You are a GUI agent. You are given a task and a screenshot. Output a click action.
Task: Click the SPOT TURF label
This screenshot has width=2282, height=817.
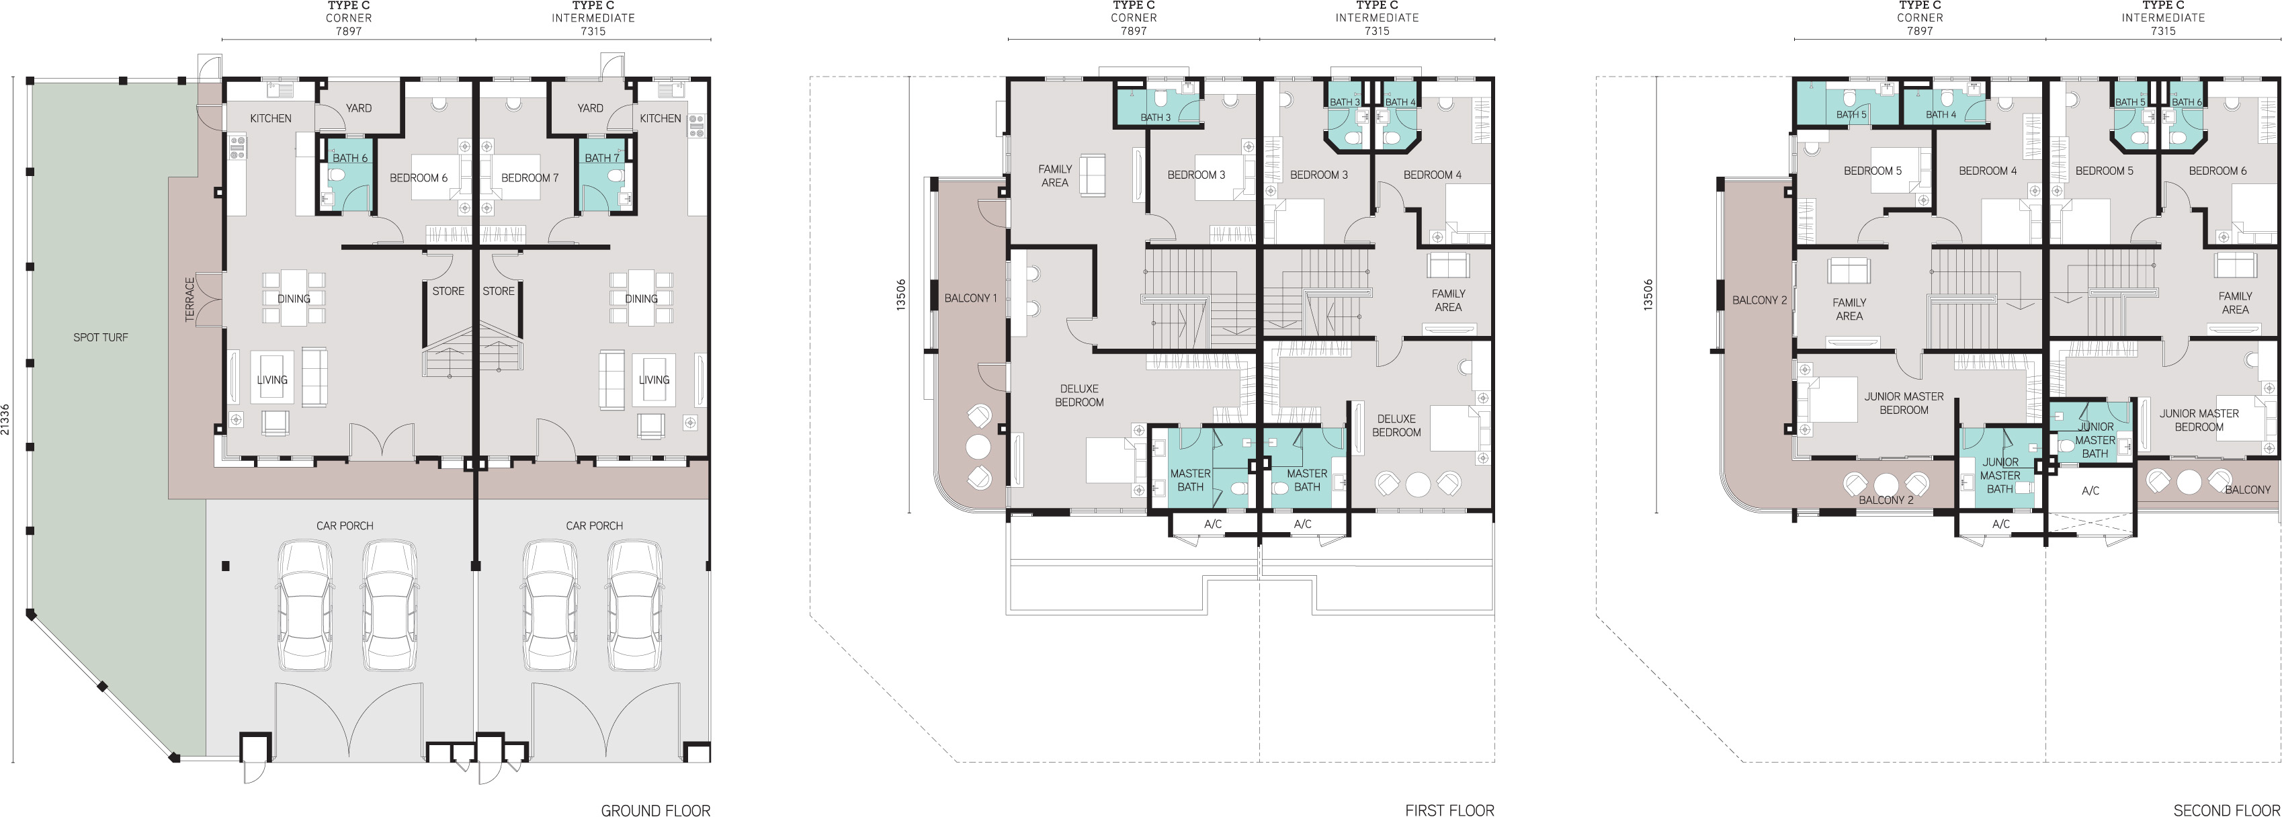pos(100,337)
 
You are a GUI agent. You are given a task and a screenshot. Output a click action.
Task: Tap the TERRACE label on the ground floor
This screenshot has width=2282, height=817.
pos(189,300)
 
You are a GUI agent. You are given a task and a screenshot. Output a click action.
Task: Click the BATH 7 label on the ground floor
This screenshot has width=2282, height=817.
pos(601,158)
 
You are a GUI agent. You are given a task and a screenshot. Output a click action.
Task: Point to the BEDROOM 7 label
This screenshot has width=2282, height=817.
pos(530,178)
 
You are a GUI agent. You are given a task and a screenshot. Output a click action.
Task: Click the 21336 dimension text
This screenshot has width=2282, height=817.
pos(6,419)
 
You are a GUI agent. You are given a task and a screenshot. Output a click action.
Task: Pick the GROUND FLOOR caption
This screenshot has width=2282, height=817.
pos(656,810)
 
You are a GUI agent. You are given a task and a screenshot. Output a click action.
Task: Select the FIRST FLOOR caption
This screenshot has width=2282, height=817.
pos(1449,810)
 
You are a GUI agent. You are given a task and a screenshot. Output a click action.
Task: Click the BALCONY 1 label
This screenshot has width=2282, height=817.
pos(970,298)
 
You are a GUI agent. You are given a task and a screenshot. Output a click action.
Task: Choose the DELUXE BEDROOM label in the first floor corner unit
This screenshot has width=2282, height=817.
pos(1079,395)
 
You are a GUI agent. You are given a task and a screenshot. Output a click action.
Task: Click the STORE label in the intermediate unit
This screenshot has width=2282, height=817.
pos(499,291)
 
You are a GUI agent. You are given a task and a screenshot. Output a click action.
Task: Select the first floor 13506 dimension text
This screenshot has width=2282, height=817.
pos(902,294)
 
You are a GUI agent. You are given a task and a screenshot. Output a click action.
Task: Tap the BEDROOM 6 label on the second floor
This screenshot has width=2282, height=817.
pos(2217,171)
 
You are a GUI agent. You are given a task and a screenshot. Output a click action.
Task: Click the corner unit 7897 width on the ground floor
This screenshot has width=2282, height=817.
pos(348,31)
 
